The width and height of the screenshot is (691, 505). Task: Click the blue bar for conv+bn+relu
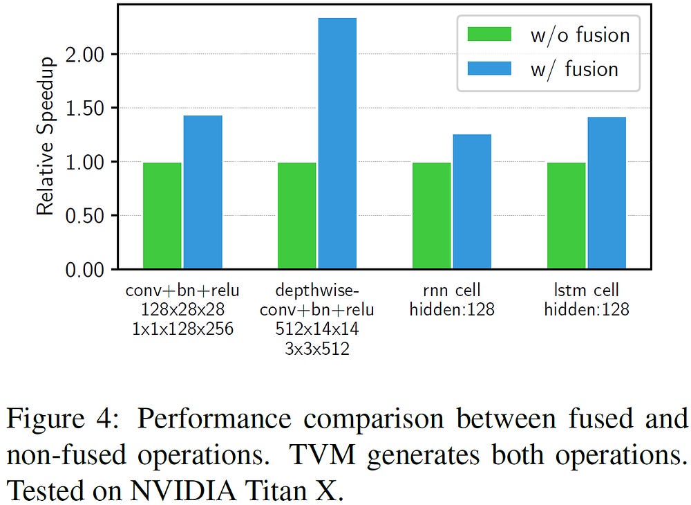202,192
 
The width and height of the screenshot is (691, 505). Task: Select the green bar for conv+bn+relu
162,215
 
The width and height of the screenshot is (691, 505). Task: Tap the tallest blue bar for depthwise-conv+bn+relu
337,143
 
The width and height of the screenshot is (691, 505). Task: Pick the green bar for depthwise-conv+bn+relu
296,215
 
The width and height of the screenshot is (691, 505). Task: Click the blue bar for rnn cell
472,201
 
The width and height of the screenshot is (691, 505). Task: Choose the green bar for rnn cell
431,215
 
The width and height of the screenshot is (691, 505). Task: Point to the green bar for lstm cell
566,215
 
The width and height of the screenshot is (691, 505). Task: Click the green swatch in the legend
489,35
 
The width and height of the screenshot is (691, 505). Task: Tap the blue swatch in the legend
489,68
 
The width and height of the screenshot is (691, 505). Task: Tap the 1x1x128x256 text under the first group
182,329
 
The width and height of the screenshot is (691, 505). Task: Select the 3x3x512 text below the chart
317,349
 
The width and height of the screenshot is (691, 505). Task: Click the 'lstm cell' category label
587,290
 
